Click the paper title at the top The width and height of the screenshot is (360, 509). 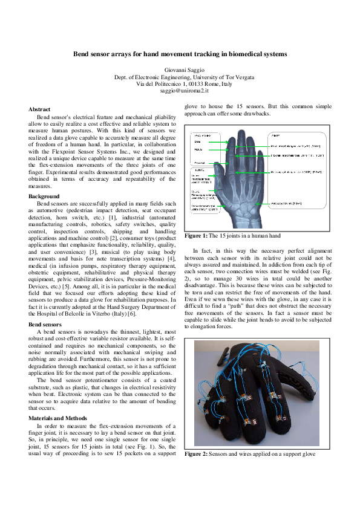click(180, 54)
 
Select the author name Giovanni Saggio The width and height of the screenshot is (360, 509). click(180, 71)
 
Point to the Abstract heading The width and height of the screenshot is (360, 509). click(39, 109)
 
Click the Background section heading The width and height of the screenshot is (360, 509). click(44, 196)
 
